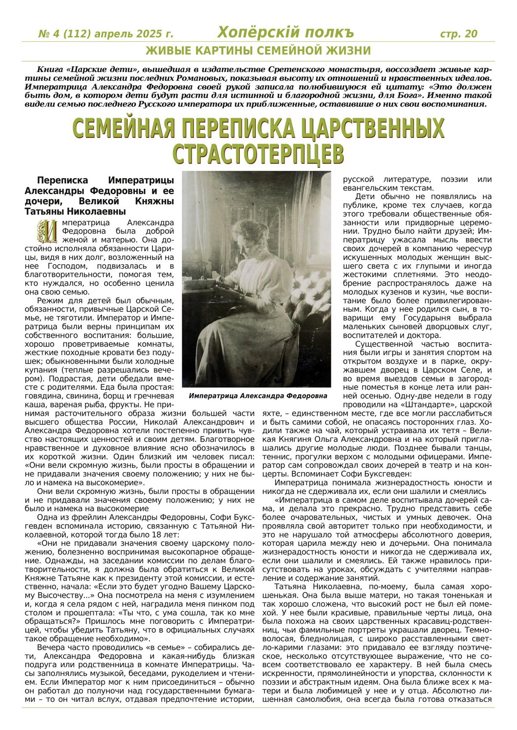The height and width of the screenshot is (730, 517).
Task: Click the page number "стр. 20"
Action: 459,34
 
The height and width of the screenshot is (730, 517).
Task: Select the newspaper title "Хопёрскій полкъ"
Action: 286,33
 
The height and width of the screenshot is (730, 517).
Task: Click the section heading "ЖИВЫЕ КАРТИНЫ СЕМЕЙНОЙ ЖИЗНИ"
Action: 258,51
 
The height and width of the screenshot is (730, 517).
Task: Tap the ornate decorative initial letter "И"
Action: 48,231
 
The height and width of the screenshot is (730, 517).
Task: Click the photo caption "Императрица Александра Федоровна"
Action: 258,396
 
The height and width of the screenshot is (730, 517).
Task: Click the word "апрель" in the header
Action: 113,34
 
